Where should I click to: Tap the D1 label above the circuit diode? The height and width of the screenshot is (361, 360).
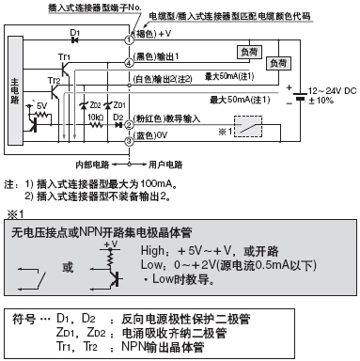74,35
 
